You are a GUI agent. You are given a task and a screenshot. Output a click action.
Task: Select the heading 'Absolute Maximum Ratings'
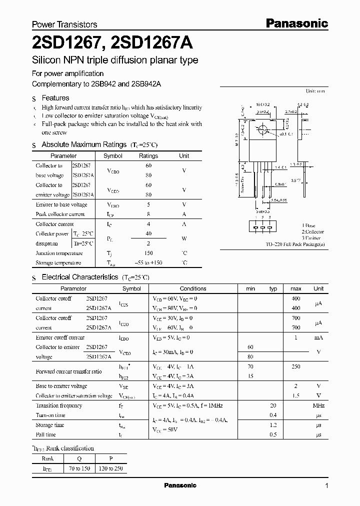tap(84, 144)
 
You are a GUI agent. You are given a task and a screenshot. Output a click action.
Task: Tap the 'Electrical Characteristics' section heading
tap(80, 276)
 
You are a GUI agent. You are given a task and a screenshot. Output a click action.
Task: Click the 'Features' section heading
tap(55, 98)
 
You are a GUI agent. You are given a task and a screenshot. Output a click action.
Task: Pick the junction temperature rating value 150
tap(148, 253)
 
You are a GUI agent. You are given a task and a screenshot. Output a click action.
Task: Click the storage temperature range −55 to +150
tap(148, 262)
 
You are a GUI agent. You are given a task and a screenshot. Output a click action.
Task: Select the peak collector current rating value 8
tap(148, 214)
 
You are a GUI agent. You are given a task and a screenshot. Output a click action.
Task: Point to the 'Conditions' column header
tap(193, 288)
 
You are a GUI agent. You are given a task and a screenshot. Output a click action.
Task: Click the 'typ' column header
tap(273, 288)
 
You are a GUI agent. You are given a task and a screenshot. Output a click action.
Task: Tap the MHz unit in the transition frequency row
tap(318, 405)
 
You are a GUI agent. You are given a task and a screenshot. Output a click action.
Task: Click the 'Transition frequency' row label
tap(59, 405)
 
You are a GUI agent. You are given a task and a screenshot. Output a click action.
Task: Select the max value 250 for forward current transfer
tap(295, 366)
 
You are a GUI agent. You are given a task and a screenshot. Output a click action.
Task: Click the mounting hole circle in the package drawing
tap(261, 130)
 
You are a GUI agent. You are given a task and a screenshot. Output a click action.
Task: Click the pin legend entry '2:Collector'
tap(312, 232)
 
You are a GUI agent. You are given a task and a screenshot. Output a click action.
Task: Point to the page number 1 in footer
tap(326, 486)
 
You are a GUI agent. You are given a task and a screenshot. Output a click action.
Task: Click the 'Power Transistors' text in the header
tap(64, 24)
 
